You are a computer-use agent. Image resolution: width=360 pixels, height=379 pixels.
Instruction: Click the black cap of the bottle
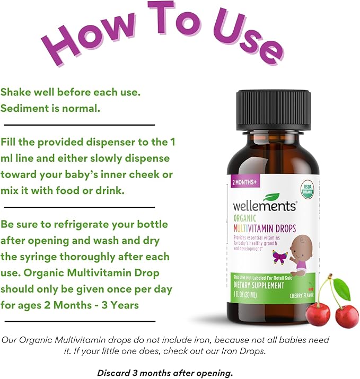tap(273, 110)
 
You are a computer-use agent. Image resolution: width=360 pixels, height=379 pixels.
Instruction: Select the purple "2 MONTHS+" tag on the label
tap(244, 182)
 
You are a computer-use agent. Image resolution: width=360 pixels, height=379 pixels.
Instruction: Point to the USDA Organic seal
tap(308, 189)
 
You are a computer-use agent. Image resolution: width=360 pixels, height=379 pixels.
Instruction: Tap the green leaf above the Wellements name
tap(271, 197)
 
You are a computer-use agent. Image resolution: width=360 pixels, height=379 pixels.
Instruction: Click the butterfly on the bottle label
tap(280, 257)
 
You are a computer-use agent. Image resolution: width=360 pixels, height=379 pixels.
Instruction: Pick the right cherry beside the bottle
tap(347, 316)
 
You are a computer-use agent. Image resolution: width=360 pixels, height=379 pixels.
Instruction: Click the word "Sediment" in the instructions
tap(24, 108)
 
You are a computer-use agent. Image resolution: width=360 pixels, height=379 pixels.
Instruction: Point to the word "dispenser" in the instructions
tap(110, 143)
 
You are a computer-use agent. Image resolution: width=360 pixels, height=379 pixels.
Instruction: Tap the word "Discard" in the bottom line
tap(111, 373)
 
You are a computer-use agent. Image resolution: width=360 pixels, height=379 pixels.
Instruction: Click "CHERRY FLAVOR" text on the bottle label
tap(301, 295)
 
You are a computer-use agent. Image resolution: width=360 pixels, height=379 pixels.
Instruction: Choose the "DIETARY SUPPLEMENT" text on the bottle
tap(258, 286)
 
